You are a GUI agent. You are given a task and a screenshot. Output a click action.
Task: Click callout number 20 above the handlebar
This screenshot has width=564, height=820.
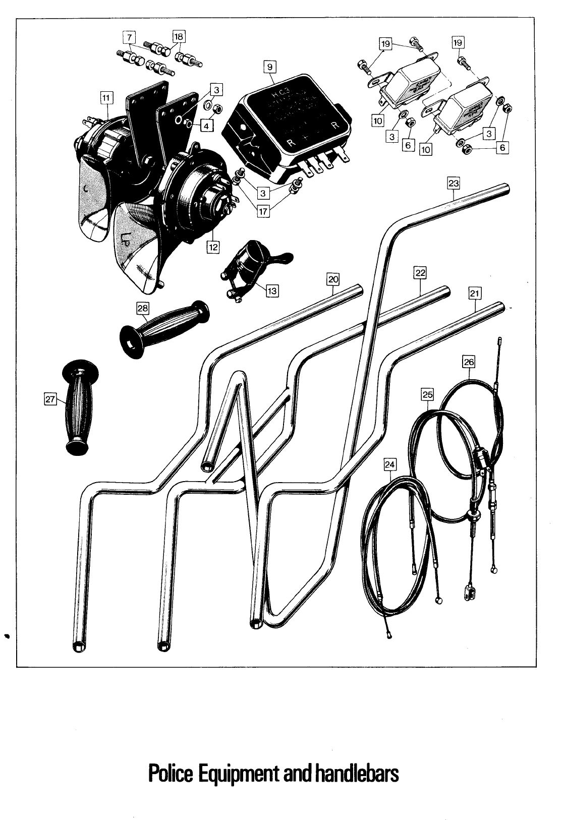pyautogui.click(x=333, y=279)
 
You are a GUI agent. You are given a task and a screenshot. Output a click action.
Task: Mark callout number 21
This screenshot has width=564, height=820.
pyautogui.click(x=475, y=293)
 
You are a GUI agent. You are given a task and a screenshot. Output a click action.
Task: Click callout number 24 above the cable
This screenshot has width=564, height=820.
pyautogui.click(x=390, y=464)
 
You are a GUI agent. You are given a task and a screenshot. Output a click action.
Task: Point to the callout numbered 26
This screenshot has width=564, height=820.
pyautogui.click(x=469, y=362)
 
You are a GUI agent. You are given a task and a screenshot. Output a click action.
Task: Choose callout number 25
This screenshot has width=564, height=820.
pyautogui.click(x=427, y=394)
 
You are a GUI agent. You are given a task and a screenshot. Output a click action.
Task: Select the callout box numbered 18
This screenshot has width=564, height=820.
pyautogui.click(x=179, y=36)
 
